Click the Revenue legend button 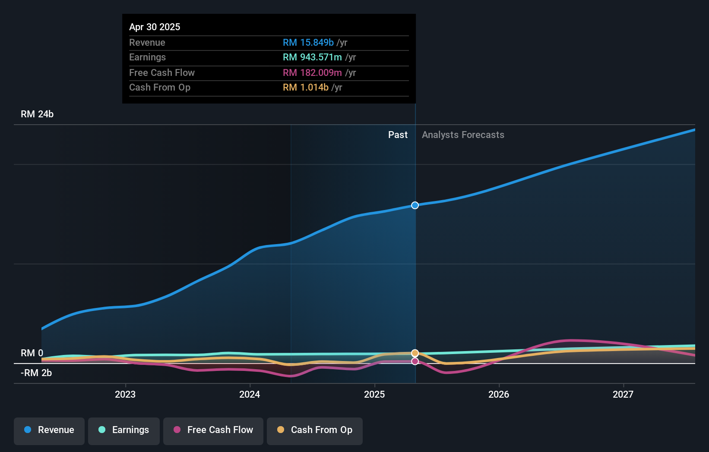[x=49, y=430]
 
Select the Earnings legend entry [x=124, y=430]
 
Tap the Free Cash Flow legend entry [x=213, y=430]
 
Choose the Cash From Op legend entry [x=315, y=430]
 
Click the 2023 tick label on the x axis [x=125, y=394]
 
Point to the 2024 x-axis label [x=250, y=394]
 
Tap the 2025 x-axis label [x=374, y=394]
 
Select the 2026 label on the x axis [x=499, y=394]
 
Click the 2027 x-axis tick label [x=623, y=394]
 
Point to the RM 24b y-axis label [x=37, y=114]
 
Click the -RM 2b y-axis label [x=36, y=373]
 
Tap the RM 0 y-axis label [x=32, y=353]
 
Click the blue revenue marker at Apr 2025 [x=415, y=205]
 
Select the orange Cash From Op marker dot [x=415, y=353]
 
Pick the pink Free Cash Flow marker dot [x=415, y=361]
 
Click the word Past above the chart [x=398, y=135]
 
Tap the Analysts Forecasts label [x=463, y=135]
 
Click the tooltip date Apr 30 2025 [x=155, y=27]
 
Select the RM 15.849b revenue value [x=308, y=43]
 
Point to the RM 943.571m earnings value [x=312, y=57]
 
